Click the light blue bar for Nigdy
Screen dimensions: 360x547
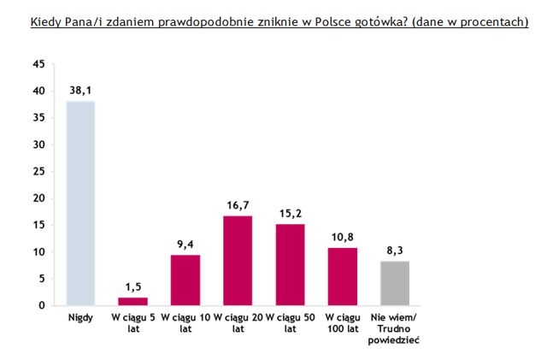click(80, 204)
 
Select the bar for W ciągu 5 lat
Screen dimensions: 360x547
click(132, 301)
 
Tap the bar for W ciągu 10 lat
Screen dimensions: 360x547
click(185, 280)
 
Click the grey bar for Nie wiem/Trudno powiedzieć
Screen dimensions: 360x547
click(395, 283)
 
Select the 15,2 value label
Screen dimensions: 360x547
click(290, 211)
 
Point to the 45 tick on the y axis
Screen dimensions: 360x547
click(38, 64)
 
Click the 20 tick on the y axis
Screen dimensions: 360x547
click(38, 198)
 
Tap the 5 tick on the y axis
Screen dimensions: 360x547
click(41, 279)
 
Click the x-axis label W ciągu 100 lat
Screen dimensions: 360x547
click(343, 323)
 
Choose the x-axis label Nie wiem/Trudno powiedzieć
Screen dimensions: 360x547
click(395, 328)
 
